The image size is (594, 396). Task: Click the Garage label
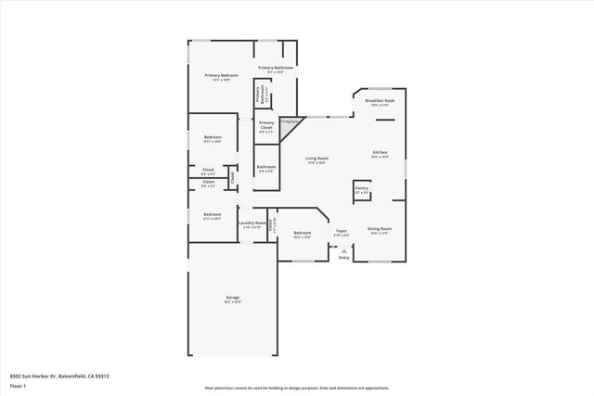(233, 298)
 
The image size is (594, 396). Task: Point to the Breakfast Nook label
(380, 102)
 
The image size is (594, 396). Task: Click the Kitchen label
(380, 153)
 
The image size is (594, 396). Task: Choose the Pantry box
(362, 190)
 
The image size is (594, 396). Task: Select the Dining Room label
(380, 230)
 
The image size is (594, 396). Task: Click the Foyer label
(341, 232)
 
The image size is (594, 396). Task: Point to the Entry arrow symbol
(344, 249)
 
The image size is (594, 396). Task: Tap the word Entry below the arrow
(344, 259)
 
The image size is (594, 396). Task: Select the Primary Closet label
(266, 127)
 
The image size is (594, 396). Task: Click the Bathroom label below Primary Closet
(266, 168)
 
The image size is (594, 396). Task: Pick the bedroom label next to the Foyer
(302, 234)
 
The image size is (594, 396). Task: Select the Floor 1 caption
(17, 385)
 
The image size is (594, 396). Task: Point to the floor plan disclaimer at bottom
(298, 389)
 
